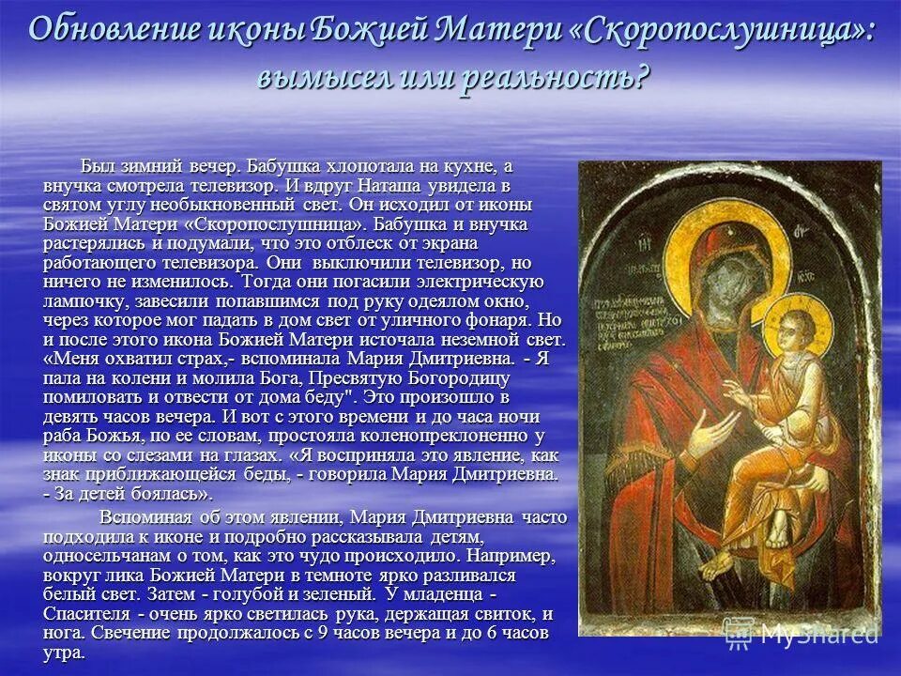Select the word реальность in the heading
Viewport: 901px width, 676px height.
[x=553, y=77]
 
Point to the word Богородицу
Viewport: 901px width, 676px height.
[x=455, y=377]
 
